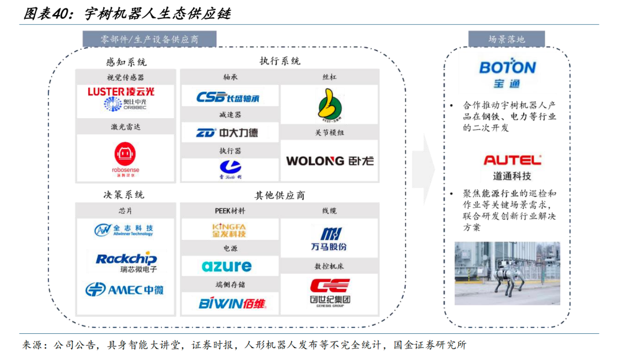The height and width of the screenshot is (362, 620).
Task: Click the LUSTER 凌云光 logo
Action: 121,91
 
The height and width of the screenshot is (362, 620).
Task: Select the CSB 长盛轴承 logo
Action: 228,97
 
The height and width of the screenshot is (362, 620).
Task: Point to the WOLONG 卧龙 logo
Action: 330,161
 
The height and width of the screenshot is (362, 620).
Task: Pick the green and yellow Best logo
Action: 330,105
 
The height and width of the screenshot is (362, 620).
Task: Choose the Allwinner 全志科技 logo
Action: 125,230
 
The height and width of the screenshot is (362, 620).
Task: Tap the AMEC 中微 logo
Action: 125,290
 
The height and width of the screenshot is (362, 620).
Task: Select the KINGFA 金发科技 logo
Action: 229,230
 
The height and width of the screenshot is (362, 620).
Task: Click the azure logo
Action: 227,266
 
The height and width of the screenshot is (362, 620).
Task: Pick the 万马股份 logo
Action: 330,239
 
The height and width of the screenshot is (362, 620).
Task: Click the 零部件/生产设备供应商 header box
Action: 150,39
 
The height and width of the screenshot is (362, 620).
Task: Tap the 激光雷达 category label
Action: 125,127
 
